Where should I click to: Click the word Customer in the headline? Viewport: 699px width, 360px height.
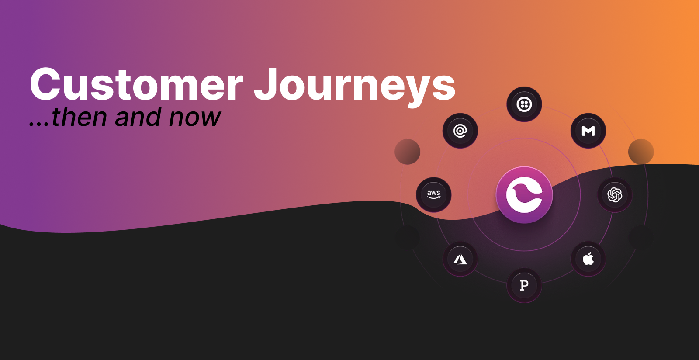(x=136, y=85)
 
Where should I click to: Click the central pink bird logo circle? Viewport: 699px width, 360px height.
(x=524, y=195)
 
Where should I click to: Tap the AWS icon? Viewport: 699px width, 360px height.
(x=433, y=194)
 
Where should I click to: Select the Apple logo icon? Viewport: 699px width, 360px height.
(x=588, y=259)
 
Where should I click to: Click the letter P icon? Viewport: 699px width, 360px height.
(x=524, y=285)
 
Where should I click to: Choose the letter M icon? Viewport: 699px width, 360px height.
(x=588, y=131)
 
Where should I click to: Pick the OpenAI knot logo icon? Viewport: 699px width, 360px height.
(x=615, y=194)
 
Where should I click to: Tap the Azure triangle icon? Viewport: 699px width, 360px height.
(x=460, y=259)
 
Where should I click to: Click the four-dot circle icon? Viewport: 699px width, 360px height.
(x=524, y=104)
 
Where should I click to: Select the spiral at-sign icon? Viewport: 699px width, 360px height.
(x=460, y=131)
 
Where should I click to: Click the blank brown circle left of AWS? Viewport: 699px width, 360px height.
(x=407, y=152)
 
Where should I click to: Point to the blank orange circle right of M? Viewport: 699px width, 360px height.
(x=641, y=152)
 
